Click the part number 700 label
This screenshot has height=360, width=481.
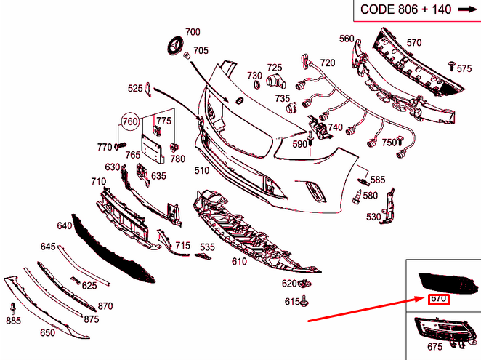(x=193, y=32)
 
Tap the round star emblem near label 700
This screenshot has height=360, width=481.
(x=175, y=44)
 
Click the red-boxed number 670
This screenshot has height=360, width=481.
(x=438, y=298)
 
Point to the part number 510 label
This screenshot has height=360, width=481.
(x=201, y=171)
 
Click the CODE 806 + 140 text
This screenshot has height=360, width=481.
(x=403, y=10)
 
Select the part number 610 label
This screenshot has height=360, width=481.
(x=239, y=261)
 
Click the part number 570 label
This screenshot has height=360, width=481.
(x=413, y=42)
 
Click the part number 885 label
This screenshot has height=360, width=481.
(x=13, y=320)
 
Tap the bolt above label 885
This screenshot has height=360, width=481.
(x=13, y=306)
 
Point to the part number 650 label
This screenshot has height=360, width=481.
(x=47, y=333)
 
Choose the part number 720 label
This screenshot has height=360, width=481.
(x=328, y=63)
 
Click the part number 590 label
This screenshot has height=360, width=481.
(x=300, y=144)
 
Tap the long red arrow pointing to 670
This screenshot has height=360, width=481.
(x=363, y=309)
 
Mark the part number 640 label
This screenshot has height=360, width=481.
(x=65, y=225)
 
